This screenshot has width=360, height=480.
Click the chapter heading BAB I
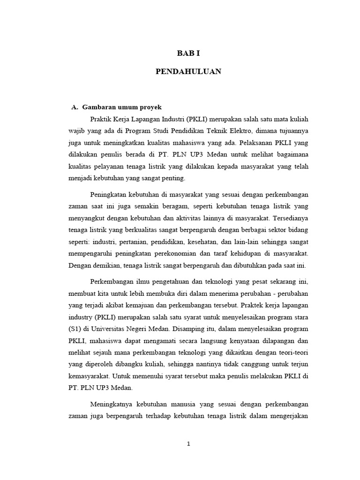[187, 54]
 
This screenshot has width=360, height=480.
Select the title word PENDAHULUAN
[188, 72]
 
